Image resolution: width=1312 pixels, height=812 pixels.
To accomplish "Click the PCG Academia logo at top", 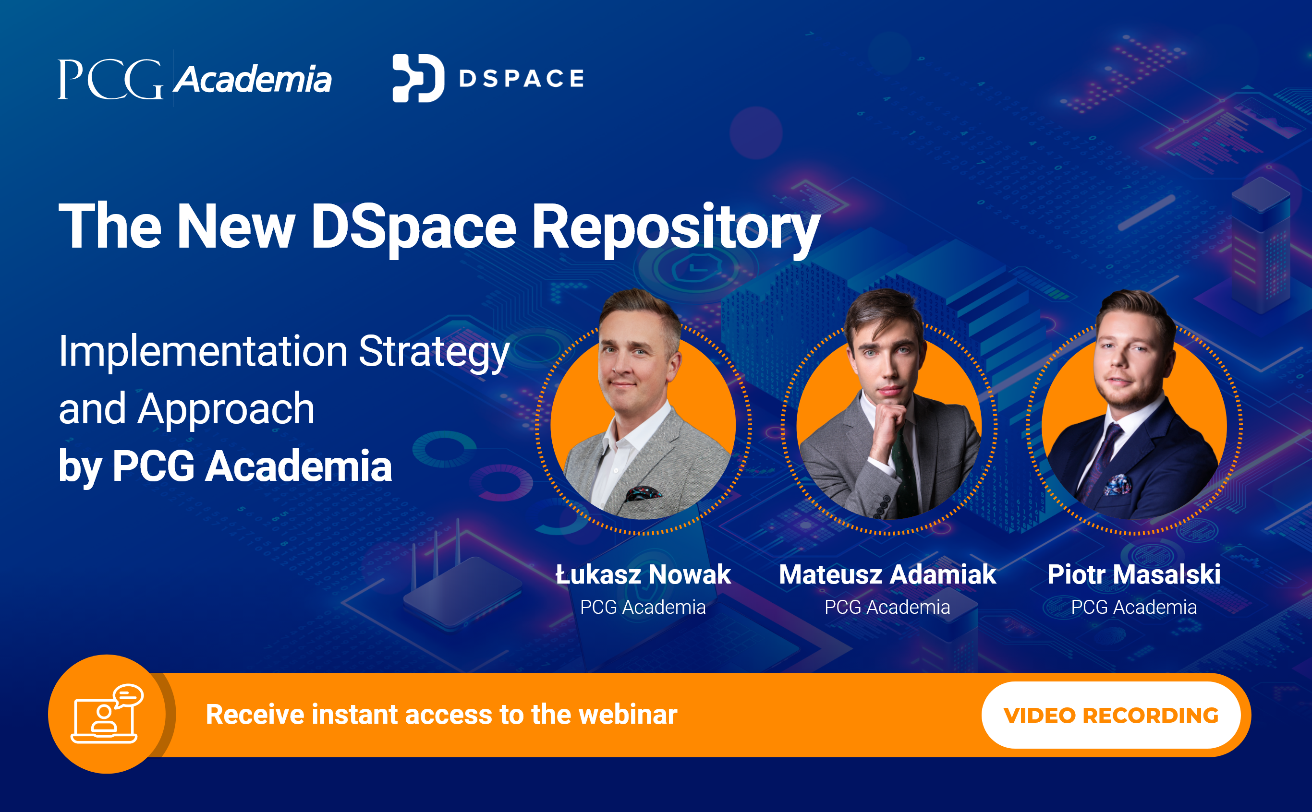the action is [194, 79].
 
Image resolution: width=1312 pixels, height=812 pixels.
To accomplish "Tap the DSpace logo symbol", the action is [418, 78].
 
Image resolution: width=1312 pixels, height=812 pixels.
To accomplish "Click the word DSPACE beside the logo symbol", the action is [521, 78].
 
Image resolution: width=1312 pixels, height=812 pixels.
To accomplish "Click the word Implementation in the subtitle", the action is [203, 351].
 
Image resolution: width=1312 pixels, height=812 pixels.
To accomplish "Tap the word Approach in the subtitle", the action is [226, 409].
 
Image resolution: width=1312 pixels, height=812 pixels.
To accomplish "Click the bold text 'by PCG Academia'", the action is [225, 466].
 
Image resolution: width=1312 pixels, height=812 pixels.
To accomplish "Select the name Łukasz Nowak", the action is [643, 574].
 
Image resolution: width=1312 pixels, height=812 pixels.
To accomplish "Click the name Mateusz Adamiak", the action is [887, 574].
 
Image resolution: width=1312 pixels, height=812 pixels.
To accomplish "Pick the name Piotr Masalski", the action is [1134, 574].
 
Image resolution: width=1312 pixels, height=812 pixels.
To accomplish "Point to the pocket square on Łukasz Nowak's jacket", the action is [643, 492].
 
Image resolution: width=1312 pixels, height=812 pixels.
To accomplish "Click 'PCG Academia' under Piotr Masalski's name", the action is [1134, 608].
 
